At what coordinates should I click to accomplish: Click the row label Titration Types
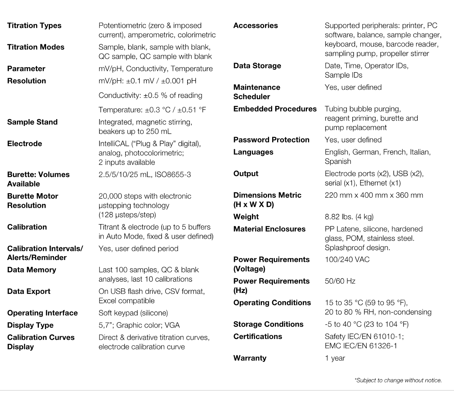tap(34, 26)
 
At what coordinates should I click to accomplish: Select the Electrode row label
tap(25, 144)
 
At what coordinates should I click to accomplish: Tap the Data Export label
tap(29, 291)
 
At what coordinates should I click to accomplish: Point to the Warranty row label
tap(250, 358)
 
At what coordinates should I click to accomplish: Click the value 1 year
tap(335, 358)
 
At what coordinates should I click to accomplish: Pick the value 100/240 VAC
tap(347, 260)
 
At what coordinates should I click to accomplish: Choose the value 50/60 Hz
tap(340, 281)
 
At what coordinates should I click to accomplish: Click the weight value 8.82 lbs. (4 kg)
tap(349, 217)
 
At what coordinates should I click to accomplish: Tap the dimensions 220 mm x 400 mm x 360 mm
tap(374, 195)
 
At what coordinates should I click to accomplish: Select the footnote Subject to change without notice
tap(398, 380)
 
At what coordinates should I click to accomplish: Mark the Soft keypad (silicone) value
tap(133, 313)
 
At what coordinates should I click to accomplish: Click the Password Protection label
tap(271, 140)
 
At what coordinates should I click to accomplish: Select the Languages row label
tap(253, 152)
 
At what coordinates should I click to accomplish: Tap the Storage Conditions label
tap(268, 324)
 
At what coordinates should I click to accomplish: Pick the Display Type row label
tap(30, 325)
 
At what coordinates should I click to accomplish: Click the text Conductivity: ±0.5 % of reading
tap(150, 95)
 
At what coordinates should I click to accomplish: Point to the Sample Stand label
tap(32, 122)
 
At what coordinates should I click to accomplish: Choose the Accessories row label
tap(255, 26)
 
